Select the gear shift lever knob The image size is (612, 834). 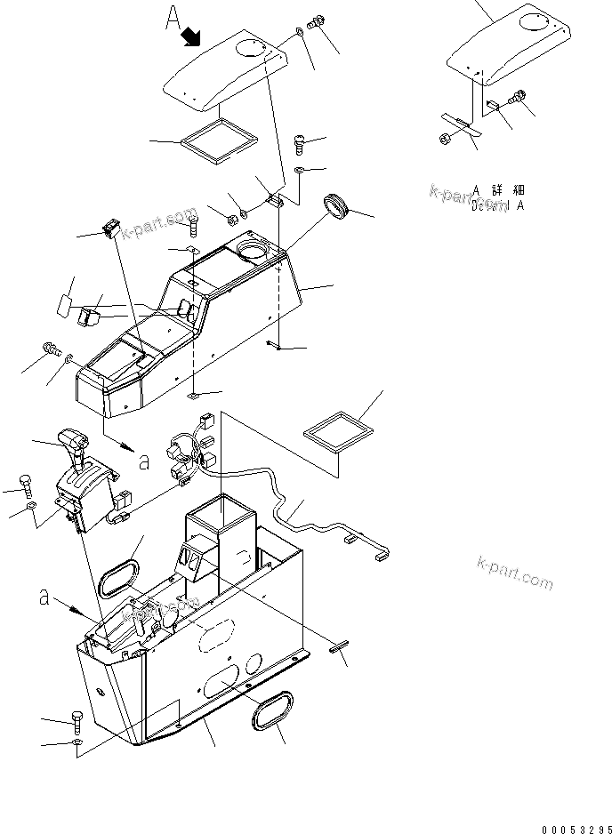coord(71,440)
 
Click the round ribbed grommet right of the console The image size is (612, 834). coord(337,205)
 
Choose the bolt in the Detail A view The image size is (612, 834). coord(519,97)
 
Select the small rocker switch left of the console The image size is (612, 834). coord(111,229)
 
